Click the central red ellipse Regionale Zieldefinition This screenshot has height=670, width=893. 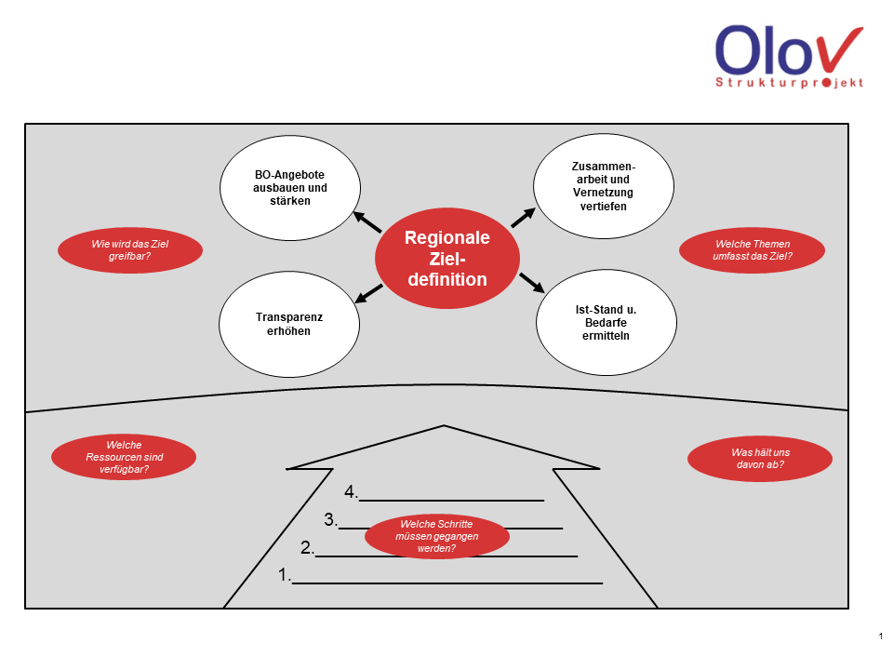tap(446, 258)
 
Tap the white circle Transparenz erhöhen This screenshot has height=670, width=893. tap(288, 324)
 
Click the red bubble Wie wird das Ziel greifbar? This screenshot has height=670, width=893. tap(129, 250)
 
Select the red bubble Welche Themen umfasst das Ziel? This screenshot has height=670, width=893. tap(753, 250)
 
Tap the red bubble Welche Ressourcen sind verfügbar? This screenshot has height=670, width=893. tap(123, 457)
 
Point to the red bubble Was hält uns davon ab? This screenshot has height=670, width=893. tap(759, 458)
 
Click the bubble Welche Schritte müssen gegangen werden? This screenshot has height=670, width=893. tap(436, 536)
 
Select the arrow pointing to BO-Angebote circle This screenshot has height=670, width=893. tap(367, 221)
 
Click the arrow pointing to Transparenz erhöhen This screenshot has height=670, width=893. tap(369, 292)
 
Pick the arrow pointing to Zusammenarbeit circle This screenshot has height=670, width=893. tap(523, 217)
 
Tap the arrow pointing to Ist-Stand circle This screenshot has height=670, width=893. tap(530, 282)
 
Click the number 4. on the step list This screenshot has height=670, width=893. tap(351, 491)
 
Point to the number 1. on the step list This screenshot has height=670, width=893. tap(285, 575)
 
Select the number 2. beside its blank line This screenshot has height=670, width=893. tap(307, 547)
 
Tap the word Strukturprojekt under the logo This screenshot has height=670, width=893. tap(789, 83)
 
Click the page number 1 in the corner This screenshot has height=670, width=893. tap(880, 636)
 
